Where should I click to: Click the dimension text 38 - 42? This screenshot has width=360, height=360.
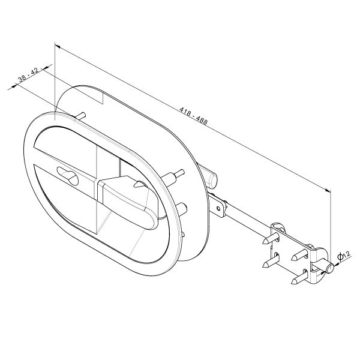28,75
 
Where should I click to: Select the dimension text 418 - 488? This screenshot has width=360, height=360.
193,115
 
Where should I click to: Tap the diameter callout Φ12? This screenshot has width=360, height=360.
344,256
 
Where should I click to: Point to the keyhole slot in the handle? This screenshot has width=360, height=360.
68,176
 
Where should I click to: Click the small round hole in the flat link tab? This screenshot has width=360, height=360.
218,208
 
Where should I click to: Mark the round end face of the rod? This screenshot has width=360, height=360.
330,269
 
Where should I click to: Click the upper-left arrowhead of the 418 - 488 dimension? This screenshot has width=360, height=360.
58,47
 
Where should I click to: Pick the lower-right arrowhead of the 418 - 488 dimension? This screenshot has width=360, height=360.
328,190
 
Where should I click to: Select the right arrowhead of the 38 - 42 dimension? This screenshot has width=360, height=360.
46,68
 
